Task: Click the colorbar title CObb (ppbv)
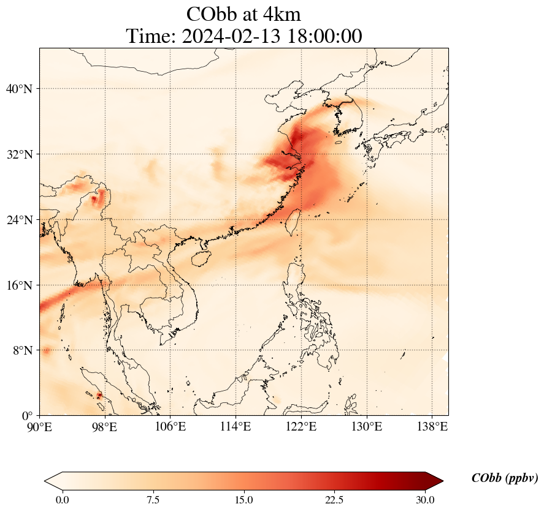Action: coord(504,478)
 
